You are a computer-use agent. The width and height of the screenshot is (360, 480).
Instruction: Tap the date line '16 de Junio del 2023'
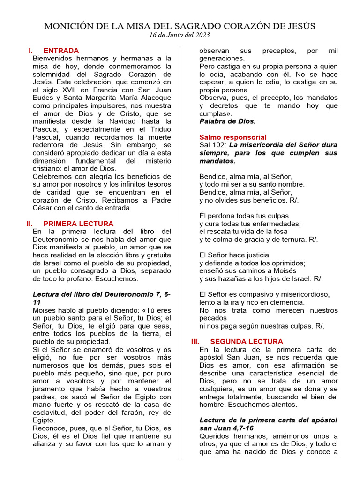coord(180,35)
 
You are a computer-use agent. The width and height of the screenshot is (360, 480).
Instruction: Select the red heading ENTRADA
coord(61,51)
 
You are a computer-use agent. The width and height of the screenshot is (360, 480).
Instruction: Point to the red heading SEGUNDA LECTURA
coord(247,342)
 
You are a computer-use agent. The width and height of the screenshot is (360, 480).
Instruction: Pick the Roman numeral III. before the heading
coord(195,342)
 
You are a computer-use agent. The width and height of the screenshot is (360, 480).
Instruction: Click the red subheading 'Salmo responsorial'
coord(233,137)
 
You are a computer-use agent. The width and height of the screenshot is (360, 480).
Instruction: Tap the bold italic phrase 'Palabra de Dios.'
coord(227,121)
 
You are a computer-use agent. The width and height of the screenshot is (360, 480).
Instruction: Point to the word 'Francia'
coord(107,82)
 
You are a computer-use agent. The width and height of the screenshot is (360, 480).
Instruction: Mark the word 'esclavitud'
coord(49,412)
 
